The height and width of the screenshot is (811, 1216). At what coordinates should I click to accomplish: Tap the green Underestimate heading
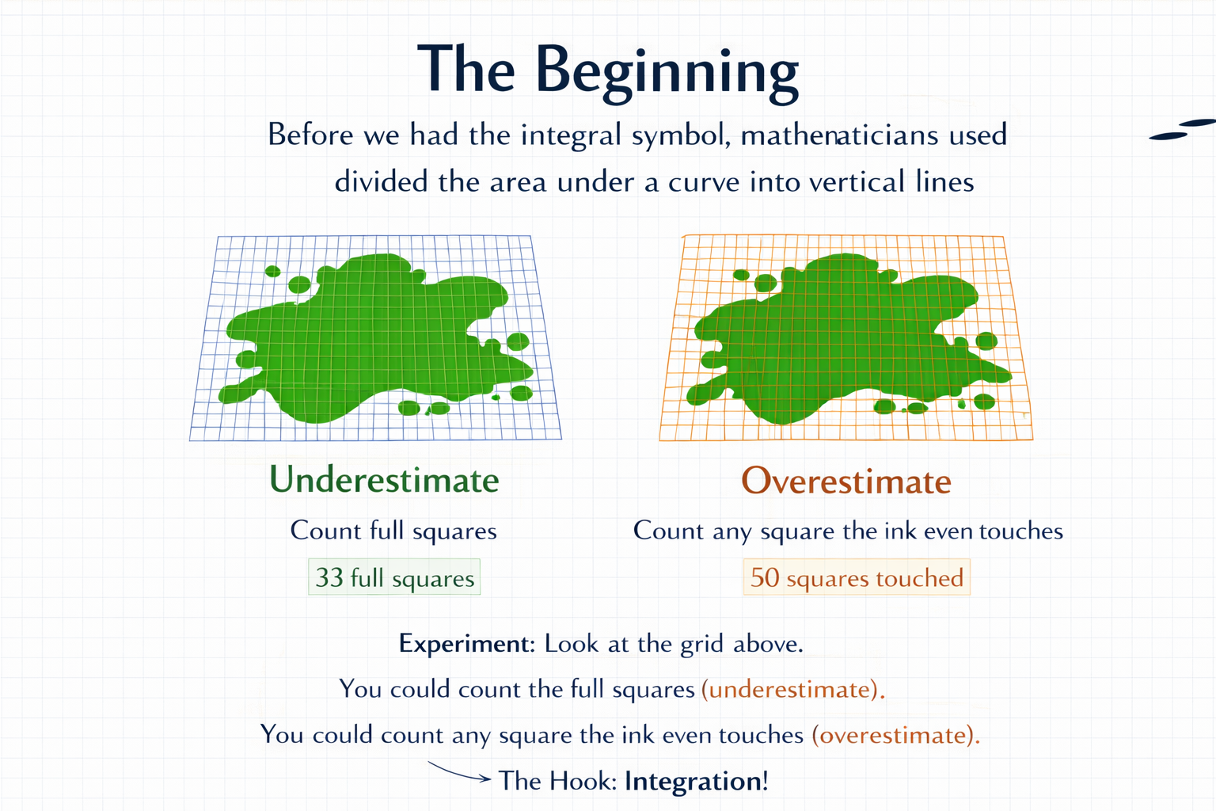pyautogui.click(x=384, y=480)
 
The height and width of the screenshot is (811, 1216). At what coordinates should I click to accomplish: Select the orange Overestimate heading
pyautogui.click(x=846, y=481)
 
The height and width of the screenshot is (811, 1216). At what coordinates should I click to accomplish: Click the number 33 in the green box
pyautogui.click(x=329, y=577)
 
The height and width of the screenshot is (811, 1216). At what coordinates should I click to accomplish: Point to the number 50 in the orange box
pyautogui.click(x=765, y=577)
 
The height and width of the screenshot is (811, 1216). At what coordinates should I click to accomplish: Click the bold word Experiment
pyautogui.click(x=467, y=644)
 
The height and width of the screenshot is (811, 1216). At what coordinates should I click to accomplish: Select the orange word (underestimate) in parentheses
pyautogui.click(x=793, y=689)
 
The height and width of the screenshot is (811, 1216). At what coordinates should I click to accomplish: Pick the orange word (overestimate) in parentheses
pyautogui.click(x=896, y=735)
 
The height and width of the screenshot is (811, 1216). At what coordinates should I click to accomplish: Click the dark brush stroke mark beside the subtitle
pyautogui.click(x=1182, y=129)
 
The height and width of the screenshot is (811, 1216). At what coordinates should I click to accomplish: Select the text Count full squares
pyautogui.click(x=393, y=531)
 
